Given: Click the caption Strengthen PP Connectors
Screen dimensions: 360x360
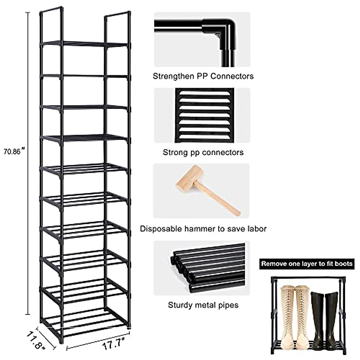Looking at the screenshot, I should click(x=203, y=76).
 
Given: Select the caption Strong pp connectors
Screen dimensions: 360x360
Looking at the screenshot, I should click(x=203, y=152).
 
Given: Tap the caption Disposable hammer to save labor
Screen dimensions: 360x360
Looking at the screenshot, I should click(x=203, y=229).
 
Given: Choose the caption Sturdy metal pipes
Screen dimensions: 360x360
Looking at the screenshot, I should click(x=203, y=305).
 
